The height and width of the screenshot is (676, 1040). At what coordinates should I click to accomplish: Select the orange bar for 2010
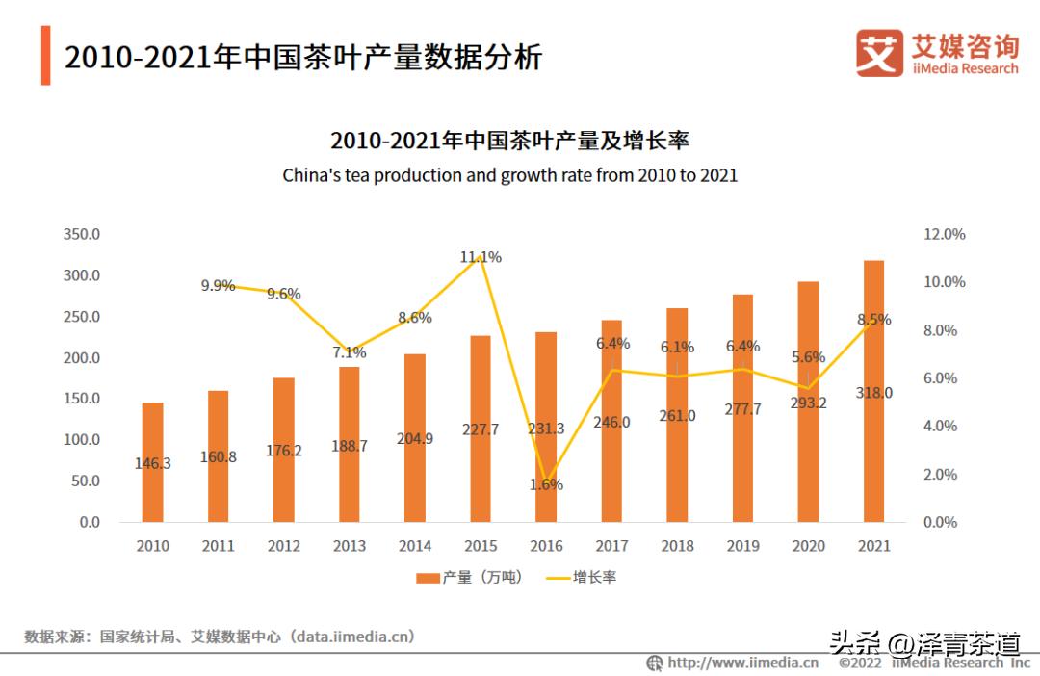tap(152, 462)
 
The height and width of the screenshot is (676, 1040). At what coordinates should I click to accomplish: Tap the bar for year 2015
tap(481, 429)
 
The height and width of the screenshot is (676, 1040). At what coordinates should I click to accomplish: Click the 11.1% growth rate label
tap(481, 257)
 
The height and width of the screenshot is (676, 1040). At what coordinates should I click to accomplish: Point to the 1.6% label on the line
tap(546, 484)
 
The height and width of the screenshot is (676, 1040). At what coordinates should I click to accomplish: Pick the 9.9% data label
tap(218, 285)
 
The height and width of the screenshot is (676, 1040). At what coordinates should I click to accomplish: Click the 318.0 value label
tap(873, 393)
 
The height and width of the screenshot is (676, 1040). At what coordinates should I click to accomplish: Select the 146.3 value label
tap(152, 463)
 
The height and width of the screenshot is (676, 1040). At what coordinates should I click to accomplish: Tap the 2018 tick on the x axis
tap(677, 546)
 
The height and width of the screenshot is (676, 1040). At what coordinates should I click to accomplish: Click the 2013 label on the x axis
tap(350, 546)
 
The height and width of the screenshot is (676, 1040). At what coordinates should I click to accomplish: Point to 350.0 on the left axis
tap(82, 234)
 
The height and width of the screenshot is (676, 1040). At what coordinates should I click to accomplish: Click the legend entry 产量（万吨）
tap(470, 578)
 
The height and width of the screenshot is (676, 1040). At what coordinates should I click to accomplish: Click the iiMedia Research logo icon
tap(879, 53)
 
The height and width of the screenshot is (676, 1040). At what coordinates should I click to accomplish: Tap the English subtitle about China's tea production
tap(509, 176)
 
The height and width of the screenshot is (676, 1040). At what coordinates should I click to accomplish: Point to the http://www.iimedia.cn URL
tap(742, 663)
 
